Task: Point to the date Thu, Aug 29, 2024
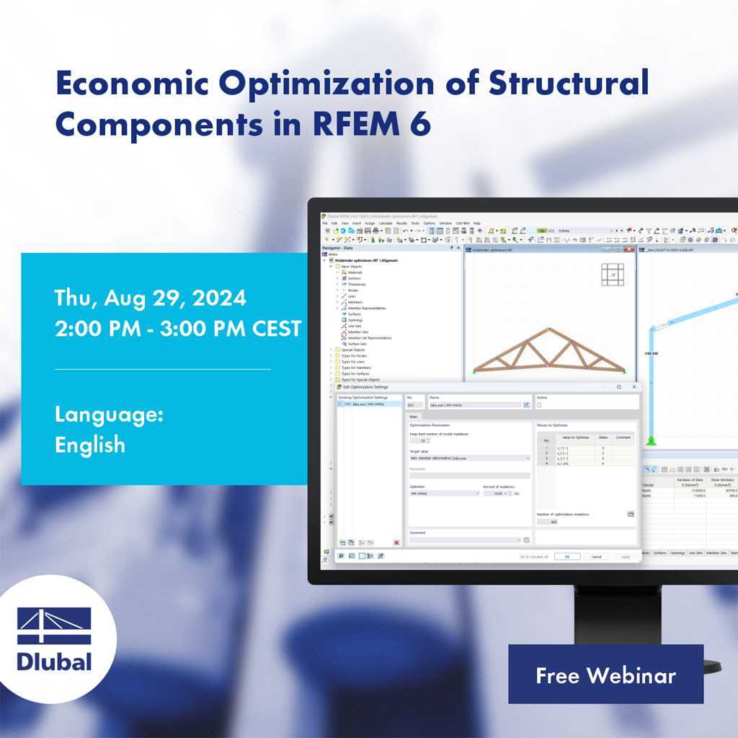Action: click(150, 298)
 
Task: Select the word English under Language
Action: click(90, 445)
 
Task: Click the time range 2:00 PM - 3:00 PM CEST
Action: click(178, 329)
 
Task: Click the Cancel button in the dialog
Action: click(596, 556)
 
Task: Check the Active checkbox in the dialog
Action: click(539, 405)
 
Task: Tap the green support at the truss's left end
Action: click(475, 370)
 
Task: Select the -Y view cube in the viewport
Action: click(613, 275)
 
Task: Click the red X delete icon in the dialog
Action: click(396, 542)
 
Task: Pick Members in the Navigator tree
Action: click(355, 302)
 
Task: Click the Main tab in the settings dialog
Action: click(414, 416)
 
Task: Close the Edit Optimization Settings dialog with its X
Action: click(633, 387)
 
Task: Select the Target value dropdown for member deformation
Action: click(469, 458)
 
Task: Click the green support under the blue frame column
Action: click(651, 440)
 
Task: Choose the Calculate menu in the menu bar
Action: click(386, 223)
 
